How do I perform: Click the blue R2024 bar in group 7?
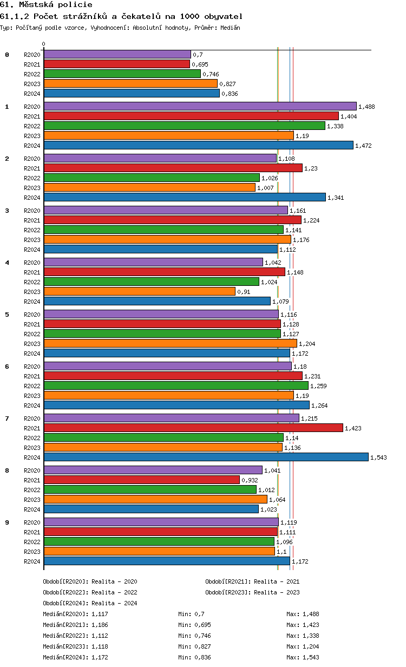pyautogui.click(x=206, y=457)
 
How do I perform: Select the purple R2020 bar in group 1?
pyautogui.click(x=200, y=106)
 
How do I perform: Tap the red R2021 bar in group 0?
pyautogui.click(x=116, y=64)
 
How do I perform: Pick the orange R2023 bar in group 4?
pyautogui.click(x=139, y=291)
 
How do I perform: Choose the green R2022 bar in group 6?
pyautogui.click(x=176, y=385)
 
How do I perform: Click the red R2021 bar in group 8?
pyautogui.click(x=141, y=480)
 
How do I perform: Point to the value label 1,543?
pyautogui.click(x=378, y=457)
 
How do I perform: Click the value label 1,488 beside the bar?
pyautogui.click(x=366, y=107)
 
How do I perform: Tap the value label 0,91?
pyautogui.click(x=244, y=292)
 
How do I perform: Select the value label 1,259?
pyautogui.click(x=318, y=386)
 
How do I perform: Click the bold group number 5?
pyautogui.click(x=7, y=315)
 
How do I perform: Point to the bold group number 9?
pyautogui.click(x=7, y=522)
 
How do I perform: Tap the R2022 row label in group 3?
pyautogui.click(x=32, y=230)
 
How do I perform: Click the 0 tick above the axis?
pyautogui.click(x=44, y=44)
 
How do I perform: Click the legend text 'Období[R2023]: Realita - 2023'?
pyautogui.click(x=252, y=592)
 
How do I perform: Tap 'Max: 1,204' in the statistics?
pyautogui.click(x=303, y=646)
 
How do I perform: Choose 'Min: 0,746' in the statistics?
pyautogui.click(x=194, y=636)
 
